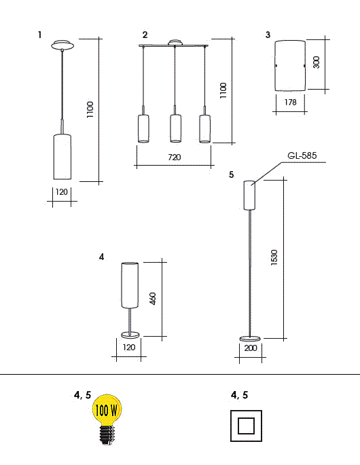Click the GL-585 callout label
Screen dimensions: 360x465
302,155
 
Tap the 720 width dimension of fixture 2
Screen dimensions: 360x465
174,157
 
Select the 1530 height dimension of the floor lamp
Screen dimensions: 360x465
274,257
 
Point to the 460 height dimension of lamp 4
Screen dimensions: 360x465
153,299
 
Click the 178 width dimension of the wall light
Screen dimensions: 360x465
290,102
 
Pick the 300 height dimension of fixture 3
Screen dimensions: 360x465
317,62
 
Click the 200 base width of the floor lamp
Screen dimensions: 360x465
251,348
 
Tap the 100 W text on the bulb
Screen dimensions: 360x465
107,411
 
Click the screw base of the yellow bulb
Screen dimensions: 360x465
107,434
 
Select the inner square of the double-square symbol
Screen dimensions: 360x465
246,426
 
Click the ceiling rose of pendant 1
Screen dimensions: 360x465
62,45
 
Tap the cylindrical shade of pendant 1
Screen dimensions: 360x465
62,157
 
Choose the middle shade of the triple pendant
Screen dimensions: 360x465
175,128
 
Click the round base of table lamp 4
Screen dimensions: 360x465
130,335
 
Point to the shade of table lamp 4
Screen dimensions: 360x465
130,285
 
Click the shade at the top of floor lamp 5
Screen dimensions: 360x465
249,195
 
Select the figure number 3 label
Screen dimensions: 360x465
268,35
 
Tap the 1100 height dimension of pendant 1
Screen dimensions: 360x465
90,110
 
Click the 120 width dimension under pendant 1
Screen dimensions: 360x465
62,192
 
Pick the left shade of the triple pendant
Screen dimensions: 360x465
143,128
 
